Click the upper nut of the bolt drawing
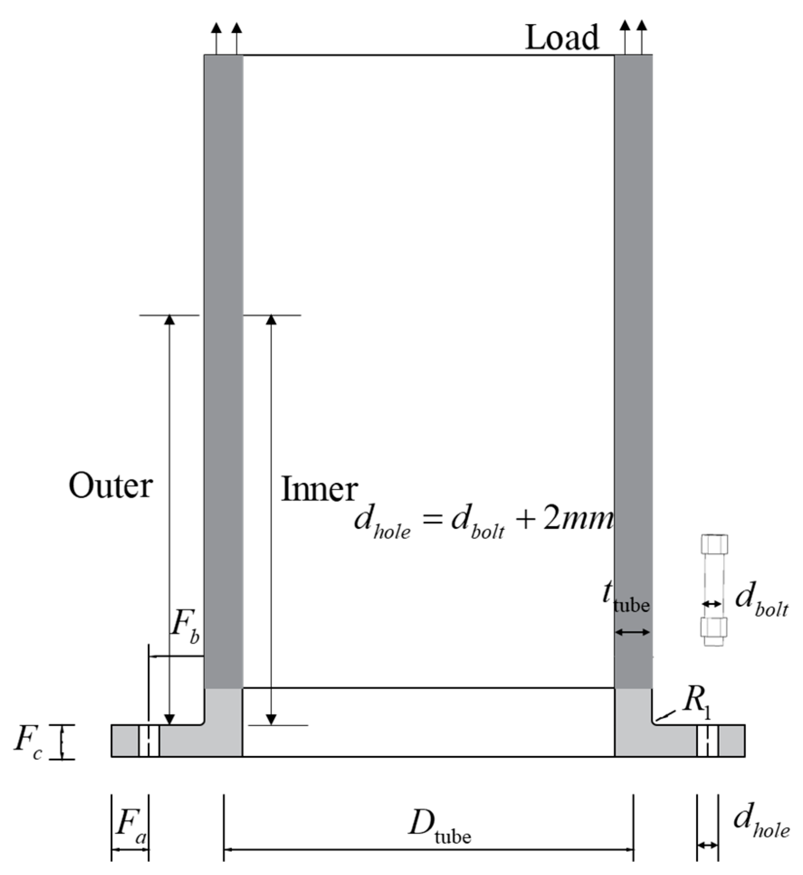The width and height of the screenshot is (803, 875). [714, 544]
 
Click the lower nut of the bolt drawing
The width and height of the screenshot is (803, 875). [713, 628]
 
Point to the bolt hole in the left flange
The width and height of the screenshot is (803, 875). [148, 741]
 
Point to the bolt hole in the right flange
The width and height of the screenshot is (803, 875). [708, 741]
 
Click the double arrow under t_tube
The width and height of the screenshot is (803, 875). [632, 632]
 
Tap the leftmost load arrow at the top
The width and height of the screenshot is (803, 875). [216, 38]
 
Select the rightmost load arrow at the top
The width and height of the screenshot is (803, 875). [641, 38]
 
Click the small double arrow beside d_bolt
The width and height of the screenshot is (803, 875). [712, 604]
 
